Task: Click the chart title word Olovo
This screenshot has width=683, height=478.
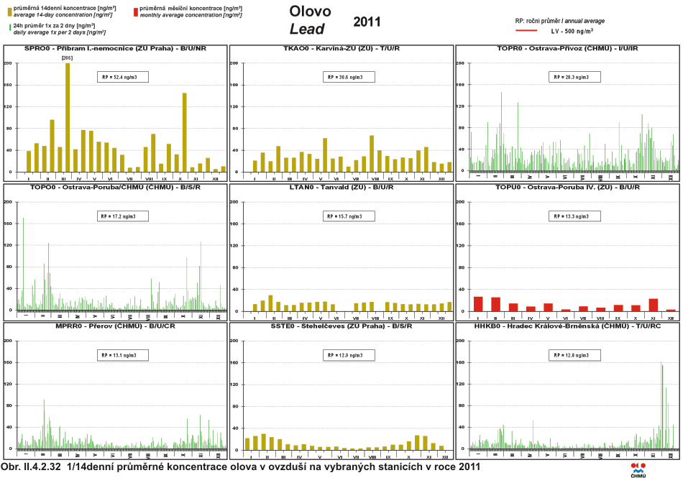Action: [x=310, y=12]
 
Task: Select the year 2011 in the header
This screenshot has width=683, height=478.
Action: [x=367, y=22]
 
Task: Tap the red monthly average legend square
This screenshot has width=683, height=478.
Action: [x=136, y=12]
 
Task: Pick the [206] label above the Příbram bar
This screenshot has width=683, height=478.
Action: [x=68, y=58]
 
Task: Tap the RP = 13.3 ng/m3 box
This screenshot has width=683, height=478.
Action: [x=569, y=216]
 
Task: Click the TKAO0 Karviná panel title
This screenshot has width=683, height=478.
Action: [x=341, y=49]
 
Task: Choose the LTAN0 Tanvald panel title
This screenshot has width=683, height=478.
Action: [x=341, y=188]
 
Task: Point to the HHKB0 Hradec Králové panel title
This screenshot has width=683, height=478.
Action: [x=567, y=326]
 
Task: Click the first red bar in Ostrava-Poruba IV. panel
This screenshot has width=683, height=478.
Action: [x=478, y=303]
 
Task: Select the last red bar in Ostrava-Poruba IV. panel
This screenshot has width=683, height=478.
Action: [x=671, y=310]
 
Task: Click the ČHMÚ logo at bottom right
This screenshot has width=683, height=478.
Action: [x=638, y=469]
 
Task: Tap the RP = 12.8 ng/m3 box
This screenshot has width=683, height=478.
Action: [x=569, y=354]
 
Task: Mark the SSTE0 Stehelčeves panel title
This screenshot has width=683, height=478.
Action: [x=341, y=326]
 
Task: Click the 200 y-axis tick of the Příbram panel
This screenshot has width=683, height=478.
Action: [x=8, y=63]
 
